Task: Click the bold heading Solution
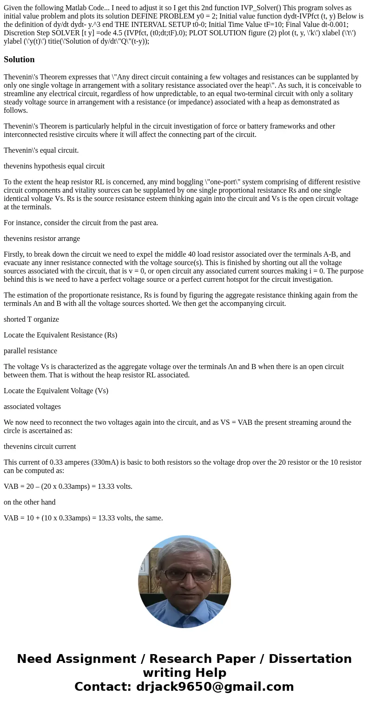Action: click(x=19, y=59)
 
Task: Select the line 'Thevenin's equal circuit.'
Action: click(x=41, y=150)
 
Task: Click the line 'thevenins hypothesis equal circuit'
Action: click(x=54, y=166)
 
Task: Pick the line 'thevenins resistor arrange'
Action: click(x=42, y=239)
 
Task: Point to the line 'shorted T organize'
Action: click(x=31, y=319)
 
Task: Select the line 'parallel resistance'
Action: click(x=30, y=351)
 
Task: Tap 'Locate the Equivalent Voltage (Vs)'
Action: click(x=56, y=391)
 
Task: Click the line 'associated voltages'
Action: click(x=32, y=407)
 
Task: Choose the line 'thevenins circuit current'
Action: click(x=40, y=447)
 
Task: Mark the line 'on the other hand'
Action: click(x=29, y=502)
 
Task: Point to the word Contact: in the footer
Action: click(x=102, y=687)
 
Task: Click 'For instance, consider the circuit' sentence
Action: click(x=81, y=223)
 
